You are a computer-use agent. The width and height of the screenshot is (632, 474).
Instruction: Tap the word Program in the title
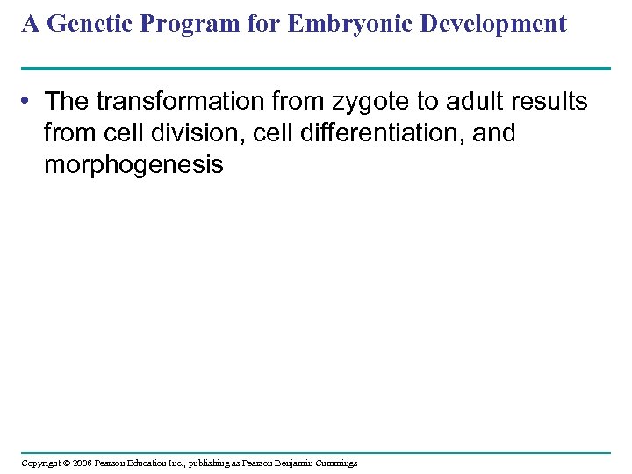point(176,24)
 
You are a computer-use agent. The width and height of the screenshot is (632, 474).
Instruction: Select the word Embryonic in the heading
point(331,24)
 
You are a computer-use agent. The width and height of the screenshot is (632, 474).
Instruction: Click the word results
point(551,103)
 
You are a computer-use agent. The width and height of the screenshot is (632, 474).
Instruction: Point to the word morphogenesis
point(133,165)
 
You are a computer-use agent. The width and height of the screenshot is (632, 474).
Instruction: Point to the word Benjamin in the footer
point(300,463)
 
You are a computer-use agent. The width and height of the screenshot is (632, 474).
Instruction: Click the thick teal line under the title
point(316,68)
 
